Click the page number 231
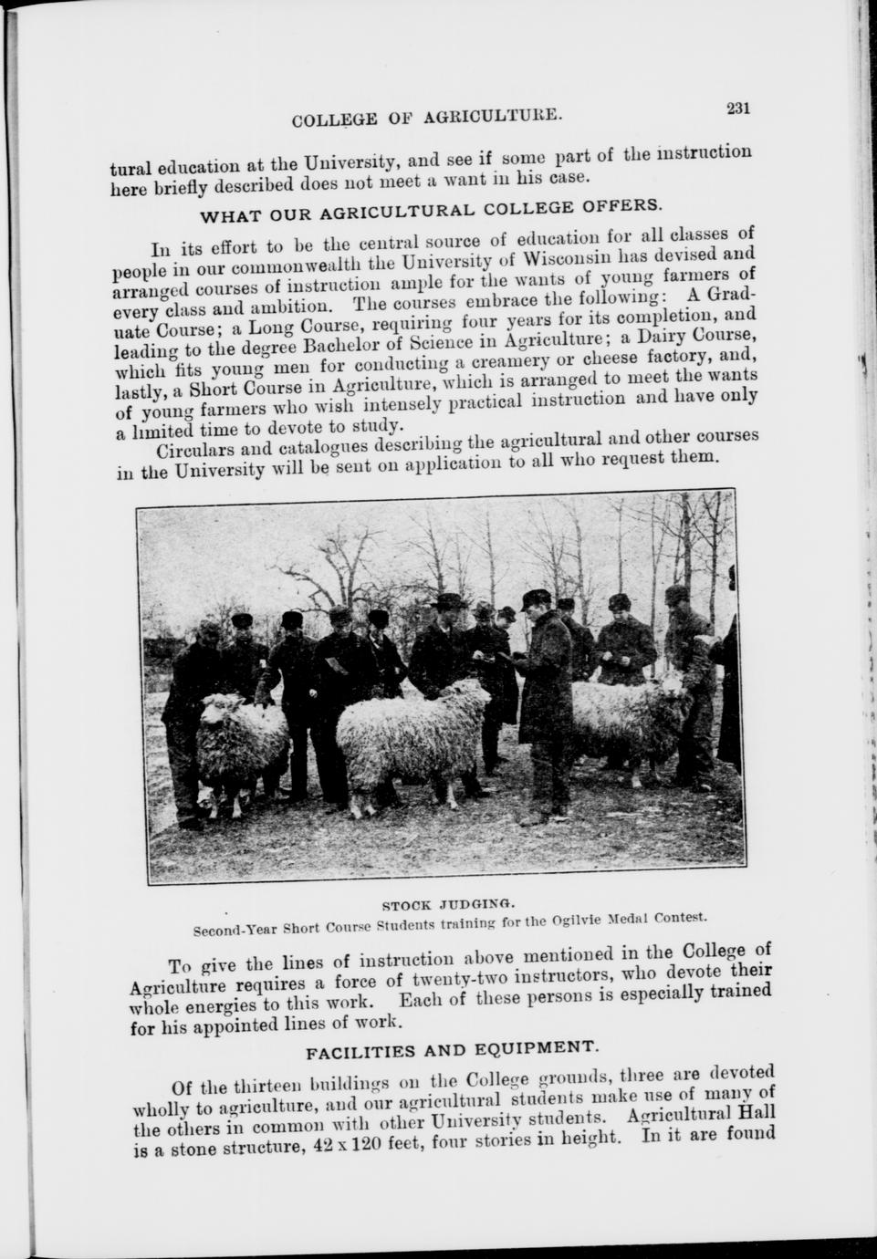point(737,108)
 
